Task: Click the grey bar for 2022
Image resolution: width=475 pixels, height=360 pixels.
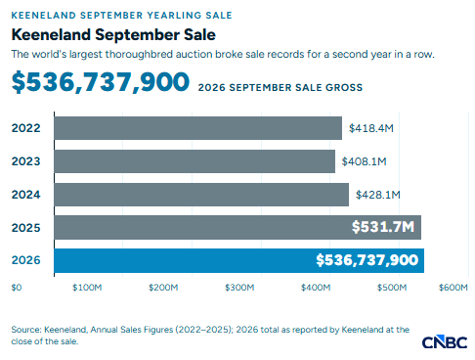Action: [198, 128]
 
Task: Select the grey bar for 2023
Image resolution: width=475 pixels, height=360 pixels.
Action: [194, 161]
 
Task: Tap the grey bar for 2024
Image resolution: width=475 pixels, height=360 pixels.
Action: [201, 195]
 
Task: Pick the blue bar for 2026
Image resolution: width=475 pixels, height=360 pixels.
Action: [239, 260]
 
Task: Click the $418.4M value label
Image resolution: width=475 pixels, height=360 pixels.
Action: [371, 128]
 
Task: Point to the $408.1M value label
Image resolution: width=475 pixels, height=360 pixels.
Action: [364, 161]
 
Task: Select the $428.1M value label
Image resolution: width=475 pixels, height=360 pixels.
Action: [378, 195]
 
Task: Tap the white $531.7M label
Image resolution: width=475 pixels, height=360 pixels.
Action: [383, 227]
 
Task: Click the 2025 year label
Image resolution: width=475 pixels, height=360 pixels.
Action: [26, 228]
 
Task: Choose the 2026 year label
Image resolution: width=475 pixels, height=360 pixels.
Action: [26, 260]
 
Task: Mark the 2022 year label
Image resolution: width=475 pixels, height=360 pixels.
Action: [26, 128]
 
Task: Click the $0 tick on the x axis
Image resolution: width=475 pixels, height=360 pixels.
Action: [17, 288]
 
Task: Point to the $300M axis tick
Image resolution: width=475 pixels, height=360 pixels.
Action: [239, 288]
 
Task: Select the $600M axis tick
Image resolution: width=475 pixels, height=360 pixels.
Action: [453, 288]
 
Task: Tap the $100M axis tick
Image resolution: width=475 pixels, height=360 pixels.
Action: [87, 288]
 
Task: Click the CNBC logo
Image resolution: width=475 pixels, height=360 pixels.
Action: [445, 342]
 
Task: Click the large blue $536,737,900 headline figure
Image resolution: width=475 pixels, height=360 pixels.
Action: [101, 82]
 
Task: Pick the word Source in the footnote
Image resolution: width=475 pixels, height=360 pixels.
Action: [26, 330]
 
